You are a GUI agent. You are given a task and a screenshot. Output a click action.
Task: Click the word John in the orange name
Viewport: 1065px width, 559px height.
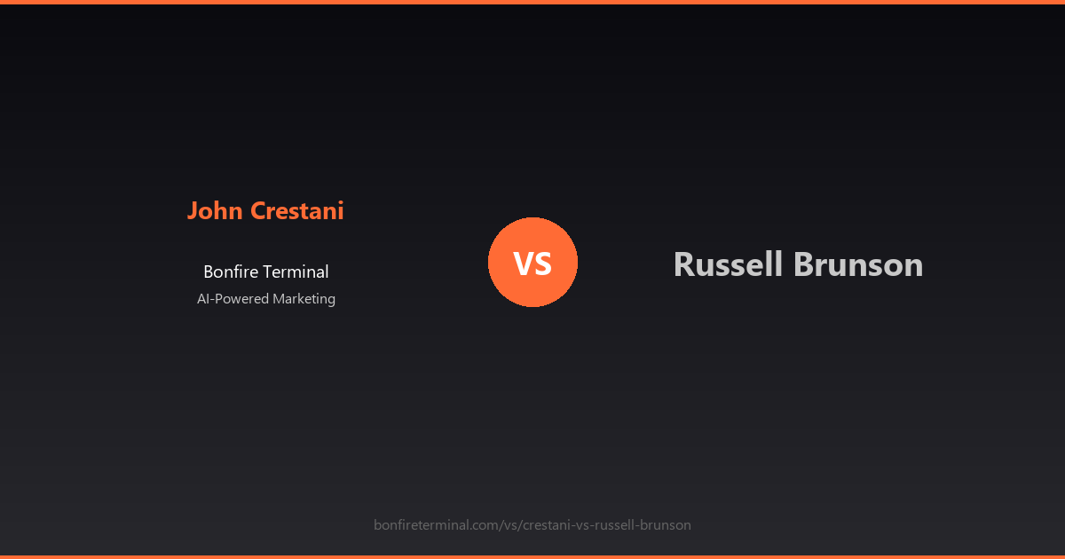pos(216,211)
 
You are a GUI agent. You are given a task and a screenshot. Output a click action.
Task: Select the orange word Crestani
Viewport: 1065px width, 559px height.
pos(297,211)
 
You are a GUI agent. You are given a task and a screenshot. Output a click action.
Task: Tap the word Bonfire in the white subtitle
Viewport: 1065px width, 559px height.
pos(230,272)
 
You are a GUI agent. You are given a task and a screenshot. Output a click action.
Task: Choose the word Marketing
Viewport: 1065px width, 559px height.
pos(304,299)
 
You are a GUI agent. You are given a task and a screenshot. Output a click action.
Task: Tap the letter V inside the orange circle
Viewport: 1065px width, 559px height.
pos(523,264)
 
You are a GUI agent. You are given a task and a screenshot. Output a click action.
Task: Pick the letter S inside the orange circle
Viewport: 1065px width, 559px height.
pos(543,264)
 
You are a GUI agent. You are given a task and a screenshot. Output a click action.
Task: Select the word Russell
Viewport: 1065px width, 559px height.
pos(729,264)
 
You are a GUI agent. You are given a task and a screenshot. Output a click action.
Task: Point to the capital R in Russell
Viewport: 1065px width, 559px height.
pos(683,264)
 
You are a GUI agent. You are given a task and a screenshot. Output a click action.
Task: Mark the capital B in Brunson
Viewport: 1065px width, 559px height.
pos(804,264)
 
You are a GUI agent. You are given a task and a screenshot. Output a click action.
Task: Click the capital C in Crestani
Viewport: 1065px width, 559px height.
pos(258,211)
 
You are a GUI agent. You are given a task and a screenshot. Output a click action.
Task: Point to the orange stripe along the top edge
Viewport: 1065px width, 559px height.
pos(532,2)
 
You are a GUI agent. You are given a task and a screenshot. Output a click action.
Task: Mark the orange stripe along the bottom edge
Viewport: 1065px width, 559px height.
pos(532,556)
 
